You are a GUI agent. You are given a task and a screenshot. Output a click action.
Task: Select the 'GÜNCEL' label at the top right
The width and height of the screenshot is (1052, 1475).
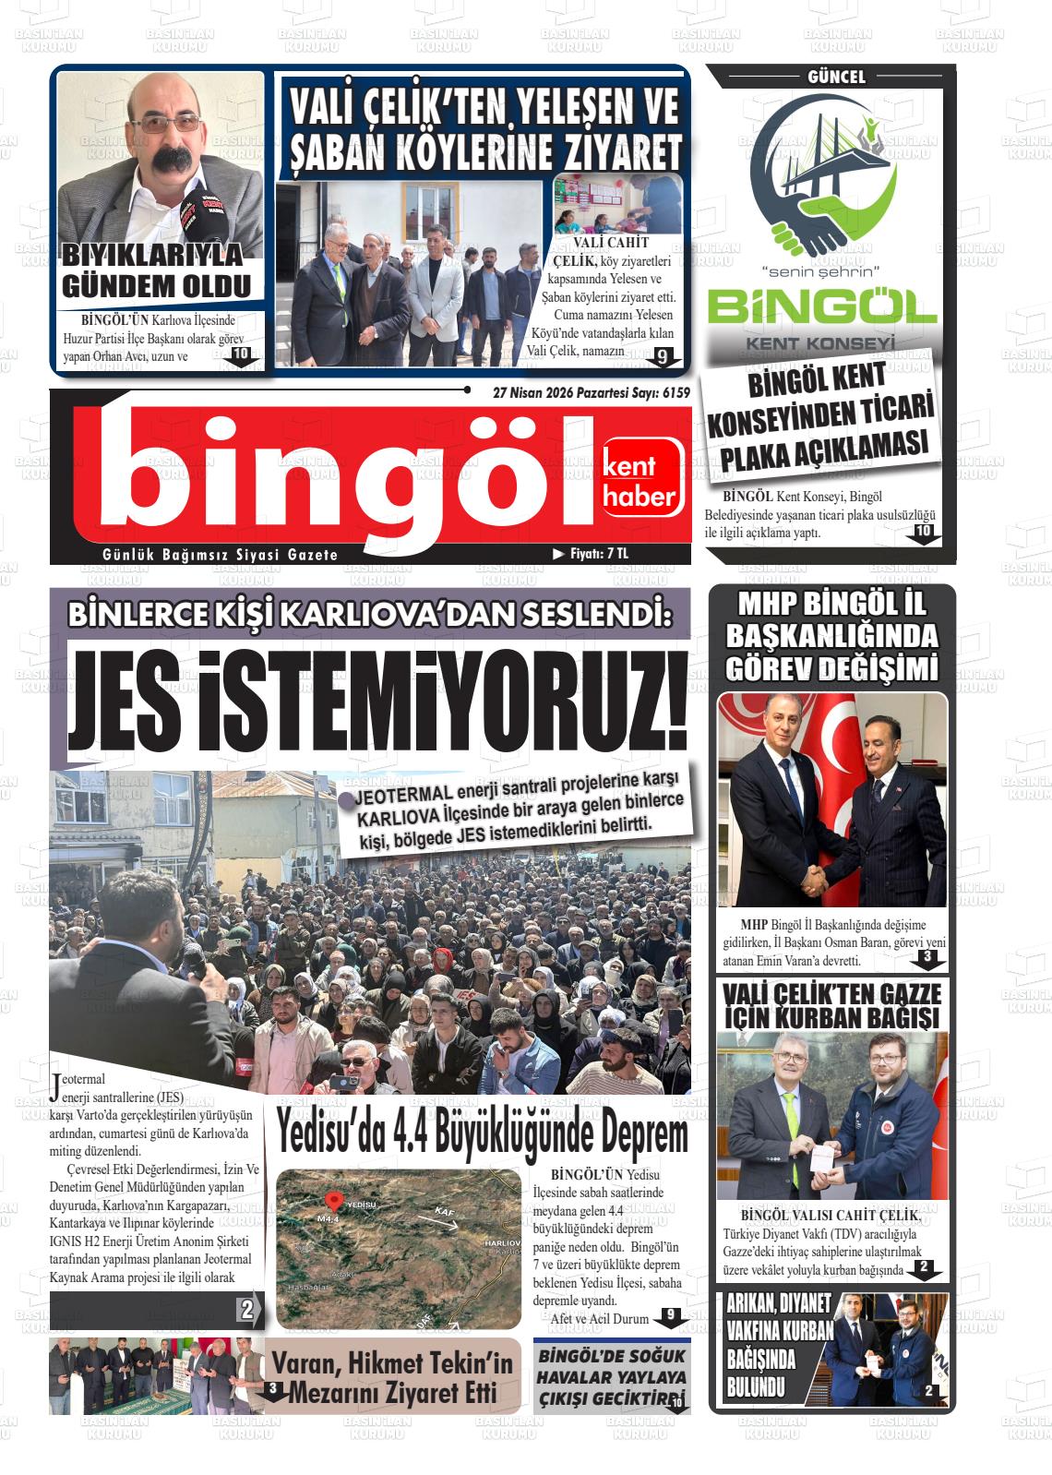836,78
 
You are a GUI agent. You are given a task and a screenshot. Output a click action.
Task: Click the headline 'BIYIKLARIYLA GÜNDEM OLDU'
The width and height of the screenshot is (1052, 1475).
156,270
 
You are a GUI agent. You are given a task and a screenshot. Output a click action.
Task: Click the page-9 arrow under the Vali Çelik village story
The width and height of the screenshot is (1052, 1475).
661,357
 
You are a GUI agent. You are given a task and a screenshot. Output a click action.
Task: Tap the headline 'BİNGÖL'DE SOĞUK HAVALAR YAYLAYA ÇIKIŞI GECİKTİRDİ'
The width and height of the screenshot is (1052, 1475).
612,1378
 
